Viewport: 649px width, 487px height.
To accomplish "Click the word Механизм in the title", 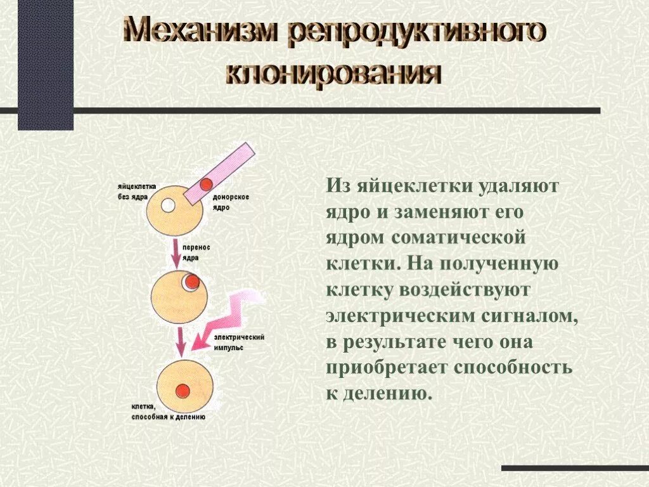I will point(200,31).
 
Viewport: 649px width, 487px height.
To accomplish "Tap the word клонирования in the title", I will point(334,74).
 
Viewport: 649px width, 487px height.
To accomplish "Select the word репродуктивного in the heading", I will point(416,32).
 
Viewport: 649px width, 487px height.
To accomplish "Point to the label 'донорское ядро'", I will point(231,202).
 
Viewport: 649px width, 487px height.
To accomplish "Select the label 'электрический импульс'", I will point(239,342).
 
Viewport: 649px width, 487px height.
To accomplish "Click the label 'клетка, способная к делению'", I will point(168,412).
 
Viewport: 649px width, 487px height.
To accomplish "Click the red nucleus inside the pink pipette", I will point(205,185).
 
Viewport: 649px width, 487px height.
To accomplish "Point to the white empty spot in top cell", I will point(168,205).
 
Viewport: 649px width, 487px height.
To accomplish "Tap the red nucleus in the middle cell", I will point(193,281).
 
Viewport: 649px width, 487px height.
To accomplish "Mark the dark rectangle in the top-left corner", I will point(45,63).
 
